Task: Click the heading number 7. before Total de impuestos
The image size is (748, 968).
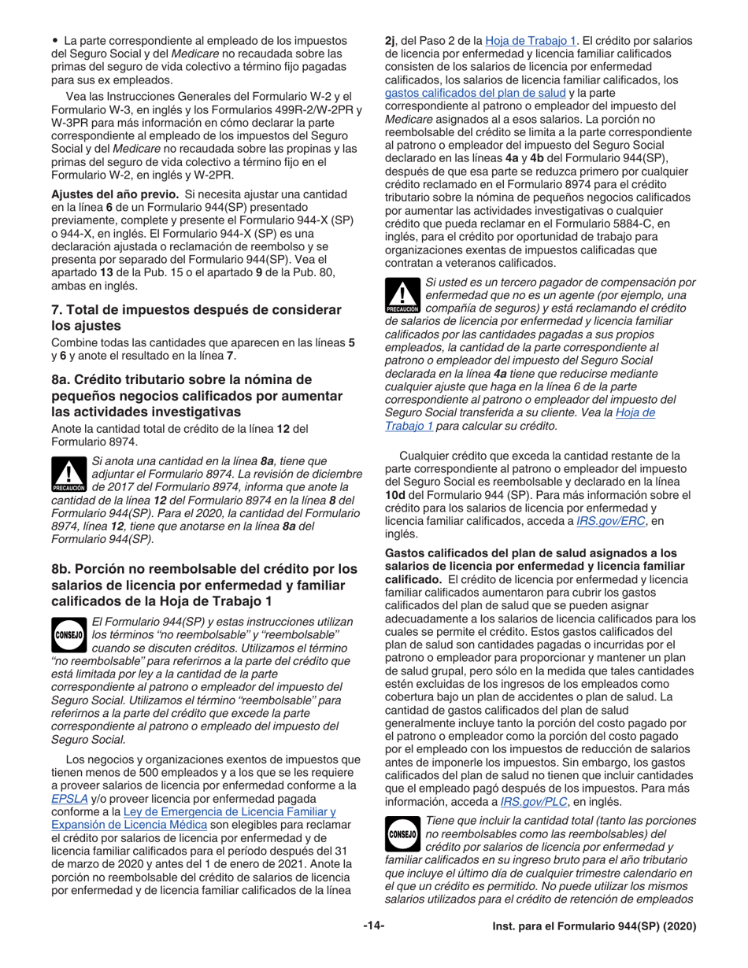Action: pyautogui.click(x=57, y=310)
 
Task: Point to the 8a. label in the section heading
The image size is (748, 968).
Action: pyautogui.click(x=62, y=379)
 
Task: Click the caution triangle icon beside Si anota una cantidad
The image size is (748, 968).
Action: pyautogui.click(x=69, y=475)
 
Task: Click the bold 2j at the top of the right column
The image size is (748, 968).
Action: pyautogui.click(x=390, y=39)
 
